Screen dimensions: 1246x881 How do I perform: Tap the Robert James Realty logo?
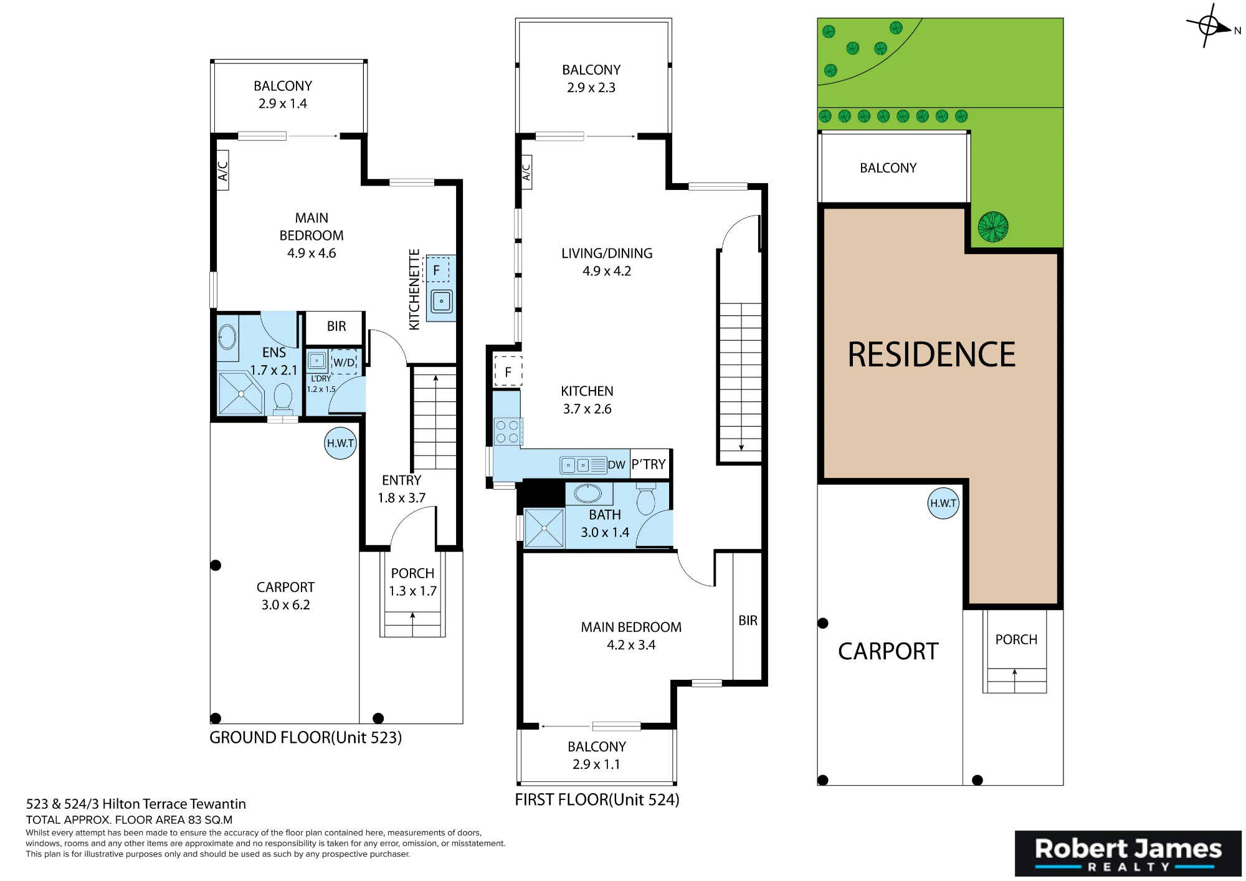tap(1128, 854)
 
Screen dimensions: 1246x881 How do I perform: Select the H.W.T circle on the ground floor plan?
tap(340, 443)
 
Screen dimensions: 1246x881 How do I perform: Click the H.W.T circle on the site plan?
tap(943, 503)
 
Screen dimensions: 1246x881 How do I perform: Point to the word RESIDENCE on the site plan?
tap(931, 355)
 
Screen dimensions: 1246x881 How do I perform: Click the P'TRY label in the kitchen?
tap(649, 464)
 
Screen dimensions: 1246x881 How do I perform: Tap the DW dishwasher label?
tap(616, 465)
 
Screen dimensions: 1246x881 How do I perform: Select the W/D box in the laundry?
tap(343, 362)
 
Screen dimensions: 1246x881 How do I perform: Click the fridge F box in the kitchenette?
tap(436, 270)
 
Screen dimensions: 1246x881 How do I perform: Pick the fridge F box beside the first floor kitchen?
tap(508, 372)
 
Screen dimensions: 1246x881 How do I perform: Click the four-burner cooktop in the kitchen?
tap(508, 432)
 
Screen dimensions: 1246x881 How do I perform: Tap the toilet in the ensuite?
tap(283, 398)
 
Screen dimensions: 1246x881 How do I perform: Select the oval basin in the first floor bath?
tap(587, 493)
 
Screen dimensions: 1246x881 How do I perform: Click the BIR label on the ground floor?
tap(336, 326)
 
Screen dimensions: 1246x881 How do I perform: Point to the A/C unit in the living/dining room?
tap(526, 173)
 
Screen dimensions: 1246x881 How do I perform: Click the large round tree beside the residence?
tap(993, 227)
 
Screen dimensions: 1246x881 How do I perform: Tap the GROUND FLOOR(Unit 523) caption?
tap(305, 738)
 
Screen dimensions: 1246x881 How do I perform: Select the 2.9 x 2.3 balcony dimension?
tap(591, 88)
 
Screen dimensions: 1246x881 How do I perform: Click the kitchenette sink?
tap(442, 302)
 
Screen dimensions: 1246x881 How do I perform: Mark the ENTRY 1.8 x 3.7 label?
tap(402, 489)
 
